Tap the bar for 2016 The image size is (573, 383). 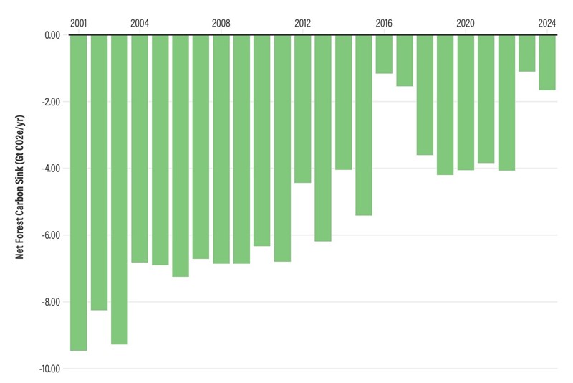point(384,54)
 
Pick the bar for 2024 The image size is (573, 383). point(547,62)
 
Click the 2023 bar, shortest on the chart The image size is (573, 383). point(526,53)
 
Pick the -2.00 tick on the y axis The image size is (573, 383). point(49,102)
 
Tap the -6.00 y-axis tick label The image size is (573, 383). point(49,235)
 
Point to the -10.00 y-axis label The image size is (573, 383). point(48,369)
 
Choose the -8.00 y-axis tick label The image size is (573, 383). point(49,302)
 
